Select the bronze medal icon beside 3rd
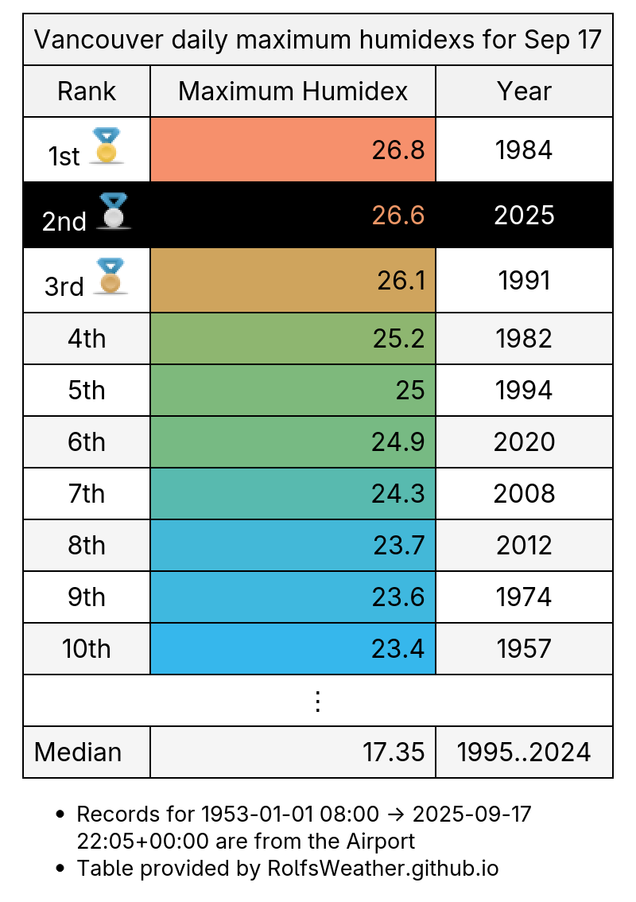[110, 276]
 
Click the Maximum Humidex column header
[293, 91]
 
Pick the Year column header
[524, 91]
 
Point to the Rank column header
[87, 91]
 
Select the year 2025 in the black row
[524, 216]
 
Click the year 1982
[524, 339]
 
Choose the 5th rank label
[87, 391]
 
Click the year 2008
[524, 494]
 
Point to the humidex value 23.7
[399, 546]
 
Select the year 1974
[524, 597]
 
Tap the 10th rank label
[87, 649]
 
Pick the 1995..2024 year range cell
[524, 752]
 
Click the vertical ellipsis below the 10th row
[317, 701]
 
